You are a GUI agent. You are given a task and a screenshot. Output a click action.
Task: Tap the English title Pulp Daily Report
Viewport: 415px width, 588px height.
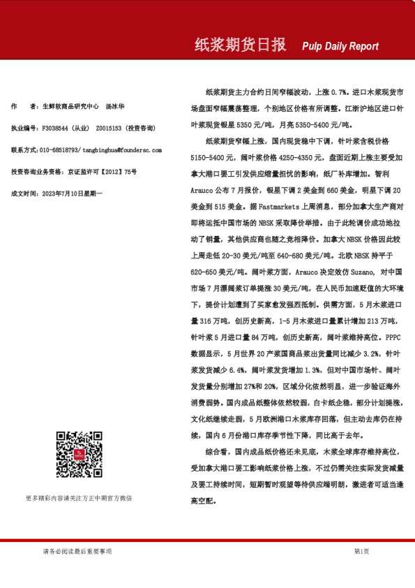coord(340,47)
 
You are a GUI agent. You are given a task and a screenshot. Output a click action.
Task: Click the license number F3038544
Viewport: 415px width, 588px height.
coord(55,129)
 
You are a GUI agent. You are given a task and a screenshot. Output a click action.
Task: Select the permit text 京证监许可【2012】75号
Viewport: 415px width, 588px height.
coord(103,171)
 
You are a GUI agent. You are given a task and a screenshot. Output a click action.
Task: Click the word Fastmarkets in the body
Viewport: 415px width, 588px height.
coord(275,207)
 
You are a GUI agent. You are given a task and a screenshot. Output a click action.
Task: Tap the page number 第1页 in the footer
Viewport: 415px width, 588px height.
coord(361,551)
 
